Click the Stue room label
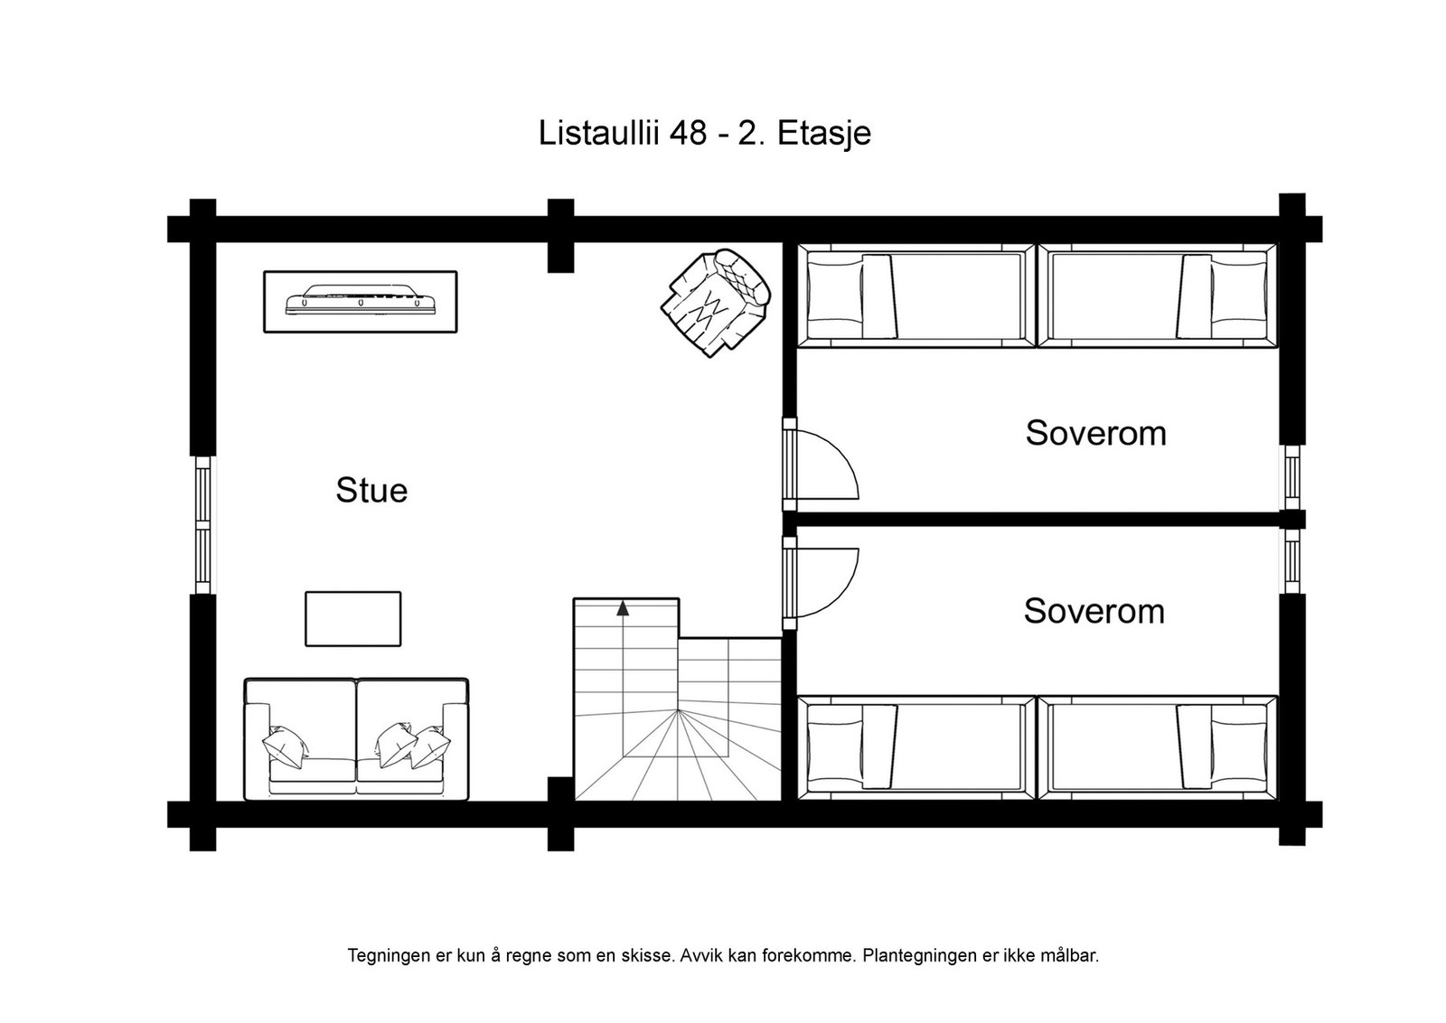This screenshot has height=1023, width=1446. click(371, 490)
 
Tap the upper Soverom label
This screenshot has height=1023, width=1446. click(1095, 433)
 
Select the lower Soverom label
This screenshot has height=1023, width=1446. click(1094, 611)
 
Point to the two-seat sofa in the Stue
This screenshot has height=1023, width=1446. click(356, 739)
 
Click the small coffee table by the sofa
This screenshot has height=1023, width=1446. click(353, 619)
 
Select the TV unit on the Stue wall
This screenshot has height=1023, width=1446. click(361, 302)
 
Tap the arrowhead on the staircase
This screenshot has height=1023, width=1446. click(623, 608)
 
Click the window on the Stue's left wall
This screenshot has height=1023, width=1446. click(202, 525)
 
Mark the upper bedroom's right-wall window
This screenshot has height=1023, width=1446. click(1291, 478)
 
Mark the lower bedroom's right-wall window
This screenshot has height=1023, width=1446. click(1291, 561)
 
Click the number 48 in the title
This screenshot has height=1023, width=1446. click(688, 133)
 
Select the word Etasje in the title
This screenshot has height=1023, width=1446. click(824, 135)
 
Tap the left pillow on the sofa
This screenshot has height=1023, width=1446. click(285, 746)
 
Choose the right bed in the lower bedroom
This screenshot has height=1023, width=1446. click(1158, 747)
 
